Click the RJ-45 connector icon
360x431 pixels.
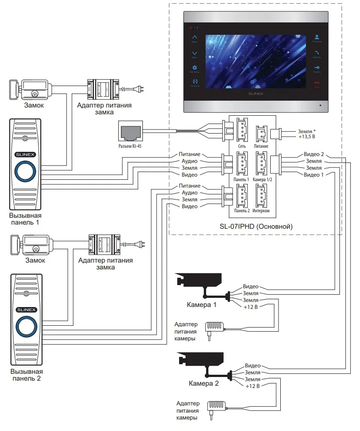click(x=130, y=131)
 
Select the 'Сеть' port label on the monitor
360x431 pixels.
click(x=242, y=146)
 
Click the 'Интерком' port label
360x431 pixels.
click(x=261, y=211)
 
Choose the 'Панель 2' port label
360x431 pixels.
click(x=241, y=211)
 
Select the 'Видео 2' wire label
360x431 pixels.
click(x=314, y=154)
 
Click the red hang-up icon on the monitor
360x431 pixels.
click(x=316, y=84)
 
